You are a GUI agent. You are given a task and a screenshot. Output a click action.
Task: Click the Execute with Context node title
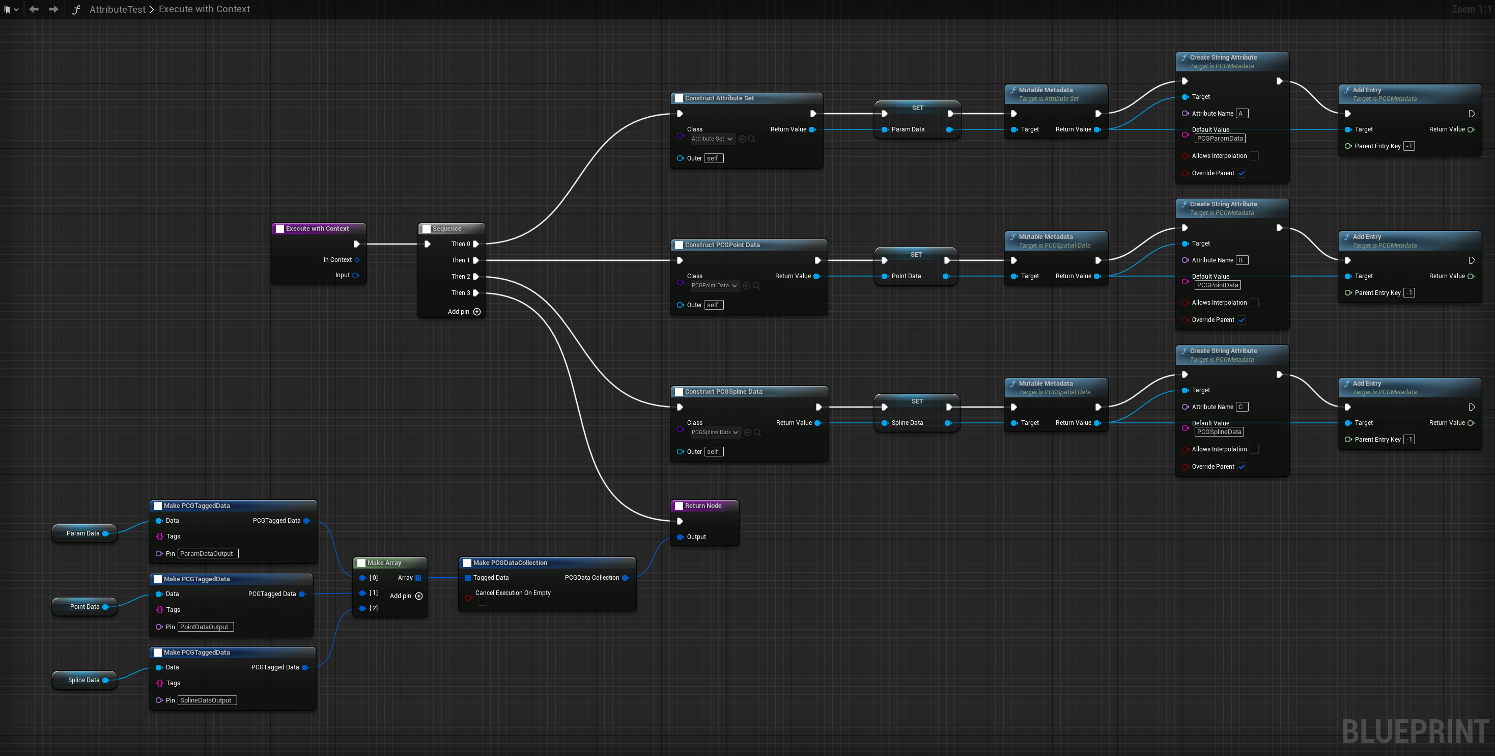click(x=317, y=229)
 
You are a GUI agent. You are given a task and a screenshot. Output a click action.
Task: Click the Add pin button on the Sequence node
click(x=476, y=312)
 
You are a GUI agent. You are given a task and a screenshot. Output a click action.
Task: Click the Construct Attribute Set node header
click(x=719, y=98)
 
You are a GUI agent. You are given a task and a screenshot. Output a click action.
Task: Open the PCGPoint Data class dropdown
click(x=715, y=286)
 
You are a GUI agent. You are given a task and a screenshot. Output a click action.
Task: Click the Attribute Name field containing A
click(x=1242, y=114)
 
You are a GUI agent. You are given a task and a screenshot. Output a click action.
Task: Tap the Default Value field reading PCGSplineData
click(x=1219, y=432)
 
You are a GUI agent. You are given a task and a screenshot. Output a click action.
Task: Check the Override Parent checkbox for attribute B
click(x=1242, y=320)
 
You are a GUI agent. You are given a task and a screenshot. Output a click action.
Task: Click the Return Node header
click(x=703, y=506)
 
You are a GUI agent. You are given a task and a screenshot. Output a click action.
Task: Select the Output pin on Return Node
click(x=680, y=537)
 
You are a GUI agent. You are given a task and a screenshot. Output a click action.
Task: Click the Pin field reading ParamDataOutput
click(x=207, y=554)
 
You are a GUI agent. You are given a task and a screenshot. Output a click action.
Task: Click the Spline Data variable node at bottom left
click(x=84, y=680)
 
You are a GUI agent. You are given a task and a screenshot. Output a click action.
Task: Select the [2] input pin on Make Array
click(x=363, y=608)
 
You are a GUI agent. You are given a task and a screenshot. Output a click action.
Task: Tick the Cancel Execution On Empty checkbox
click(x=482, y=602)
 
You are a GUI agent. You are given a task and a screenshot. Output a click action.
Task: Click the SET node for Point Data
click(x=916, y=255)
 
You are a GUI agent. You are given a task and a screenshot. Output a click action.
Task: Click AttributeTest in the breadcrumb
click(x=117, y=9)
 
